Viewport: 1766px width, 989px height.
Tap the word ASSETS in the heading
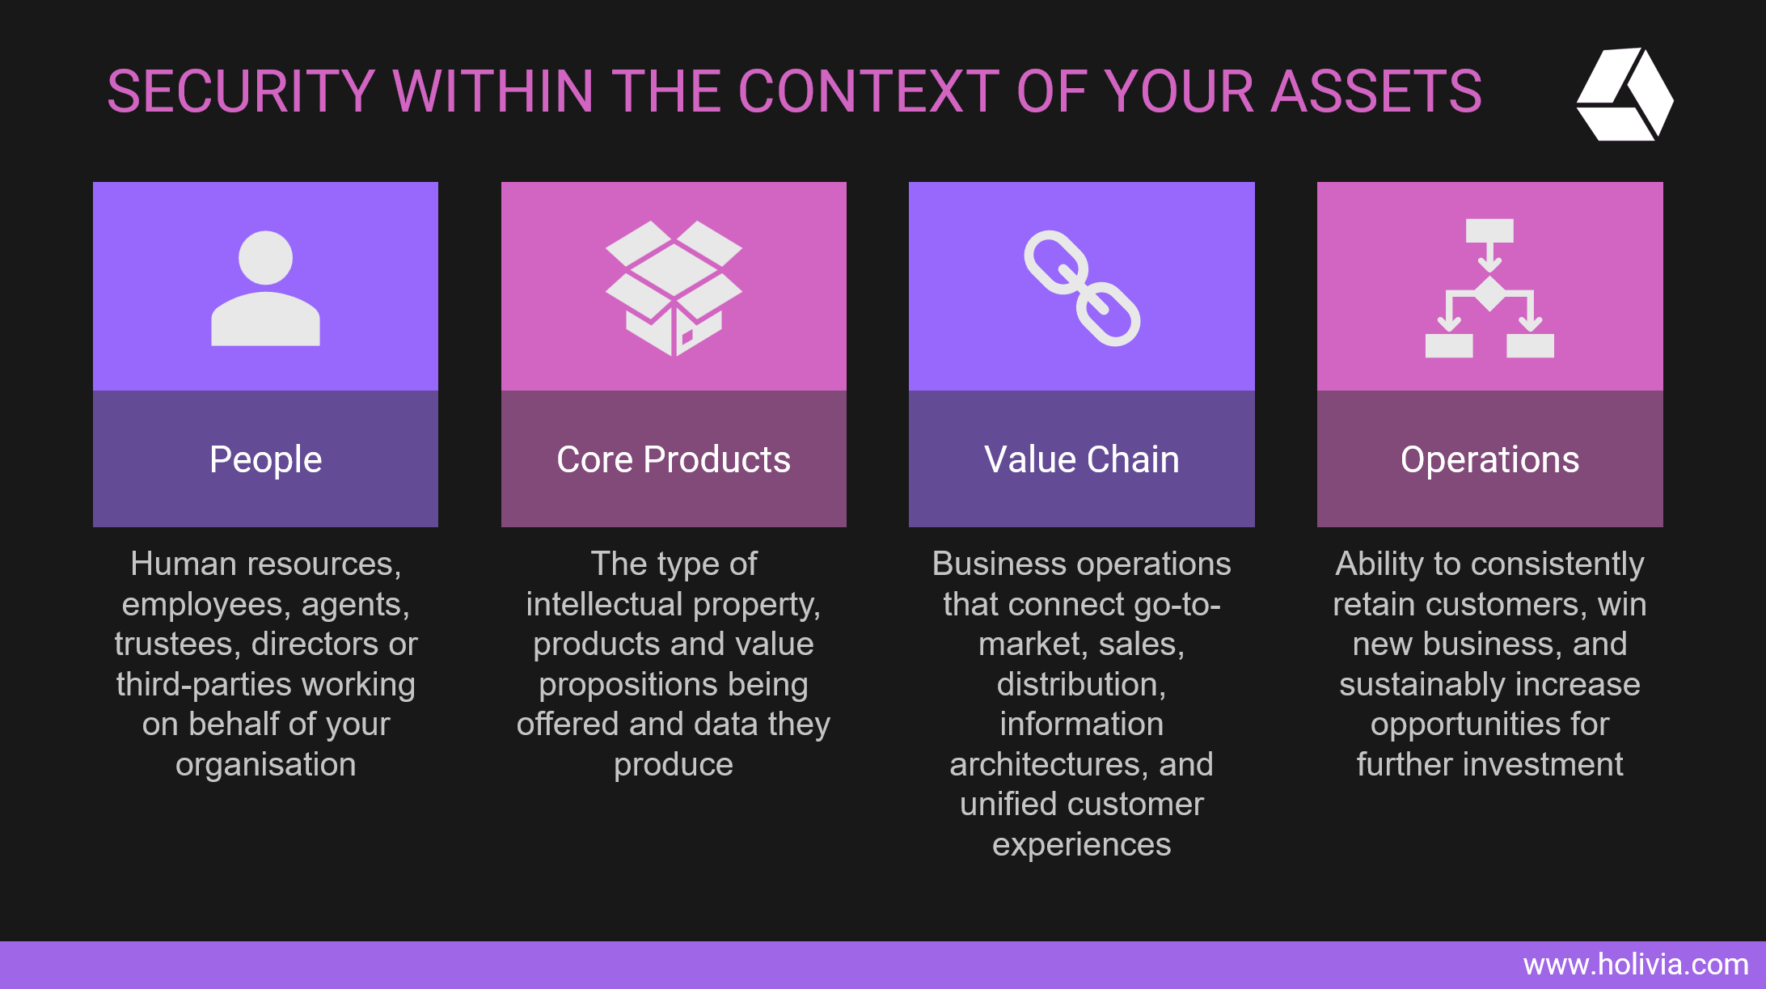(1376, 91)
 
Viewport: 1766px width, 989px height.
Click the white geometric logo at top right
(1624, 94)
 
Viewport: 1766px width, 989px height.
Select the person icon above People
(265, 289)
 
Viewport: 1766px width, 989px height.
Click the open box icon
(674, 288)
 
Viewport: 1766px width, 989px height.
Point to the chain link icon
(1082, 289)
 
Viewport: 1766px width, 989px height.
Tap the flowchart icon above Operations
(1489, 288)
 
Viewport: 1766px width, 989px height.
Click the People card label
(265, 459)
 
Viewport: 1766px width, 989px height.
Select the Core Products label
(674, 459)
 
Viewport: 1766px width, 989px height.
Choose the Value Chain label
(1082, 459)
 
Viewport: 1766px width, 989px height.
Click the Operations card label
(1489, 459)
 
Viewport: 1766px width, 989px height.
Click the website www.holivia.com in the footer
(1636, 964)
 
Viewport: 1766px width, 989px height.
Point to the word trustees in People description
(178, 645)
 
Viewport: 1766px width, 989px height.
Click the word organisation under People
(265, 765)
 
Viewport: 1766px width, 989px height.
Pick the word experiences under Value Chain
(1082, 845)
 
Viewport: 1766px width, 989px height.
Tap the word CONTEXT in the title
(868, 91)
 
